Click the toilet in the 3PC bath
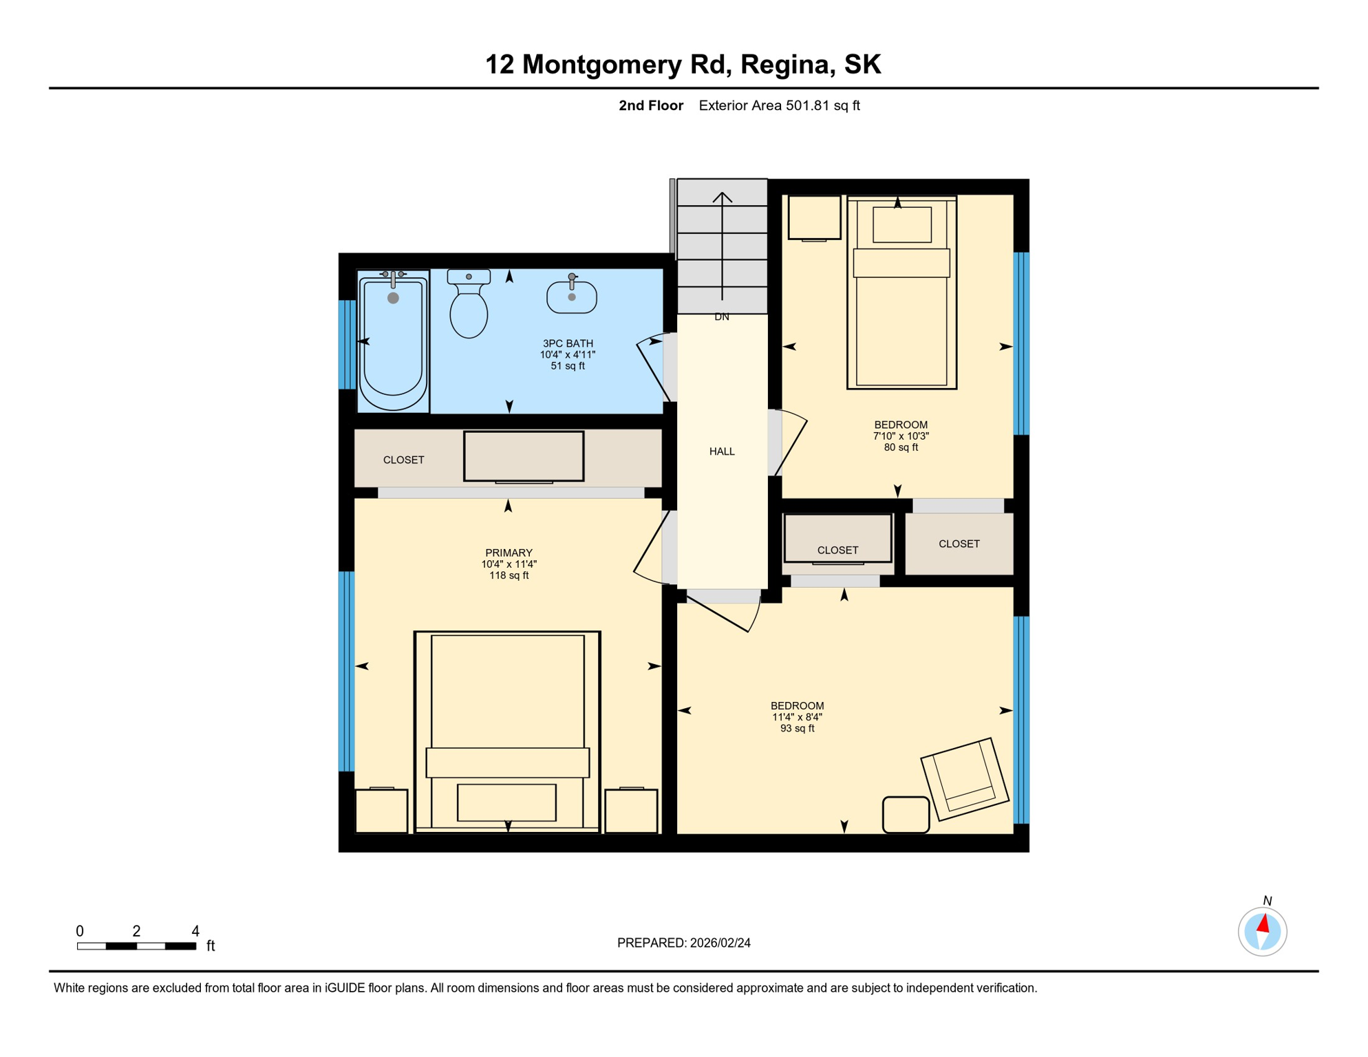tap(469, 303)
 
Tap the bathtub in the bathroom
tap(393, 341)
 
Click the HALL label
tap(722, 451)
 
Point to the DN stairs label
tap(722, 317)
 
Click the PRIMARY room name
tap(509, 553)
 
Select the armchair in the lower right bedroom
tap(965, 779)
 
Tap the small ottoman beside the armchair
tap(906, 815)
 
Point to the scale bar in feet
tap(137, 946)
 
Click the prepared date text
tap(683, 943)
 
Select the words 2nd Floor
tap(650, 105)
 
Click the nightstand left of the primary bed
tap(381, 811)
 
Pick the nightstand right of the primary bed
tap(631, 811)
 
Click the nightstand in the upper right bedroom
tap(814, 218)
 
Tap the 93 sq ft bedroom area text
tap(797, 728)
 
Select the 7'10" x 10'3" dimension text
tap(901, 436)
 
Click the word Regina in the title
tap(784, 65)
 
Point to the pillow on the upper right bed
tap(901, 224)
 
